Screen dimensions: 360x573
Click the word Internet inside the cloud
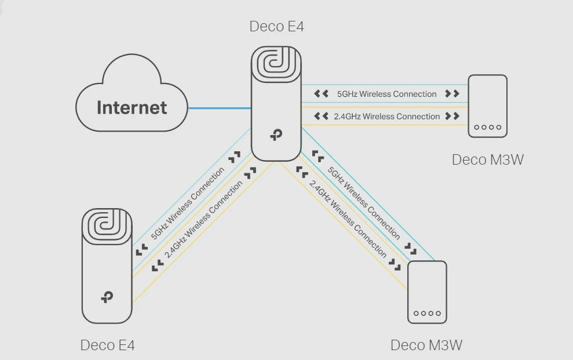132,107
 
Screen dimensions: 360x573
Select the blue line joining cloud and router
219,108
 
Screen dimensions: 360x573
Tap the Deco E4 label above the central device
276,27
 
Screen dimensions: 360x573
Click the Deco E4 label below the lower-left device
108,346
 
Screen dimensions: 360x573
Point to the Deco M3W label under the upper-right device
487,159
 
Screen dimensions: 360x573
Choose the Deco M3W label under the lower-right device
426,346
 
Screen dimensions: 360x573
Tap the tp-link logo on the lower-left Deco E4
107,297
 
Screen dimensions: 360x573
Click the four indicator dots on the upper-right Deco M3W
487,127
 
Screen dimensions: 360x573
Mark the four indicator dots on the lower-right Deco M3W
427,313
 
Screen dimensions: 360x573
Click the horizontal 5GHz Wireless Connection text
386,94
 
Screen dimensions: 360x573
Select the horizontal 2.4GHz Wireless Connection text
386,117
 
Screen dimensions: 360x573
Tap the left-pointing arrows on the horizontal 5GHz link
321,93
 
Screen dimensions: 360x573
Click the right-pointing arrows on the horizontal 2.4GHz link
452,117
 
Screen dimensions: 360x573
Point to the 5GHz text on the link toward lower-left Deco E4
187,203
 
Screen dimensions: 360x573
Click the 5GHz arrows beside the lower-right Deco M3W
411,249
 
